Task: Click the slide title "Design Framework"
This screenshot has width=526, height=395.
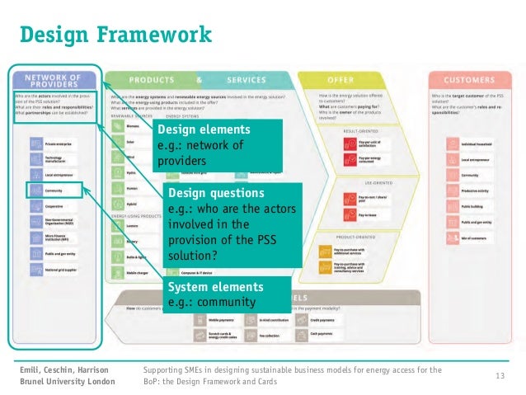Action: tap(115, 35)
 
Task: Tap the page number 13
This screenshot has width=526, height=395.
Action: tap(500, 376)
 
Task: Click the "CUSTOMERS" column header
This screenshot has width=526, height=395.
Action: tap(469, 80)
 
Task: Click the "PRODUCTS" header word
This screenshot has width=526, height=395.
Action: tap(151, 80)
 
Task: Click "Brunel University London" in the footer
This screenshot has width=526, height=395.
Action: tap(68, 382)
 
